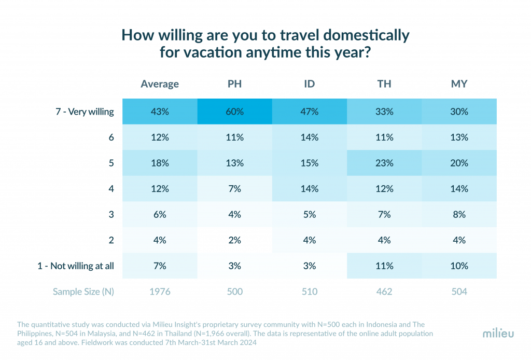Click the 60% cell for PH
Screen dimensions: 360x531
(x=234, y=112)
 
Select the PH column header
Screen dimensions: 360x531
(x=234, y=84)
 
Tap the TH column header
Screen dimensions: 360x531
(x=384, y=84)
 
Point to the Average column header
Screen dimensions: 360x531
(x=160, y=84)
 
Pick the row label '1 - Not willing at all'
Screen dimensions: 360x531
(x=76, y=266)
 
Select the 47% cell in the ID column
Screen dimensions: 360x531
(x=310, y=112)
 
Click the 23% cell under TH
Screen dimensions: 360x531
(x=384, y=163)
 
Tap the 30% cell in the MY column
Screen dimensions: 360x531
(x=459, y=112)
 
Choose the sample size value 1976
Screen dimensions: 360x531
(x=160, y=292)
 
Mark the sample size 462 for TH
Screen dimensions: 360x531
(x=384, y=292)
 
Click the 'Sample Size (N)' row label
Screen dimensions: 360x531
(x=83, y=292)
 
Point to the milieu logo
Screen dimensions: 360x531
(x=498, y=333)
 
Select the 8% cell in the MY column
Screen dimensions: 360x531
(x=459, y=214)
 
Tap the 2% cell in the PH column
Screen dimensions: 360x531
(x=234, y=240)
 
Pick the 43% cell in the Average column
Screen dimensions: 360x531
(x=160, y=112)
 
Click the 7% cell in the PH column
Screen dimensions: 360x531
(x=234, y=189)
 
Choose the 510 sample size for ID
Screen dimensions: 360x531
(x=310, y=292)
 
